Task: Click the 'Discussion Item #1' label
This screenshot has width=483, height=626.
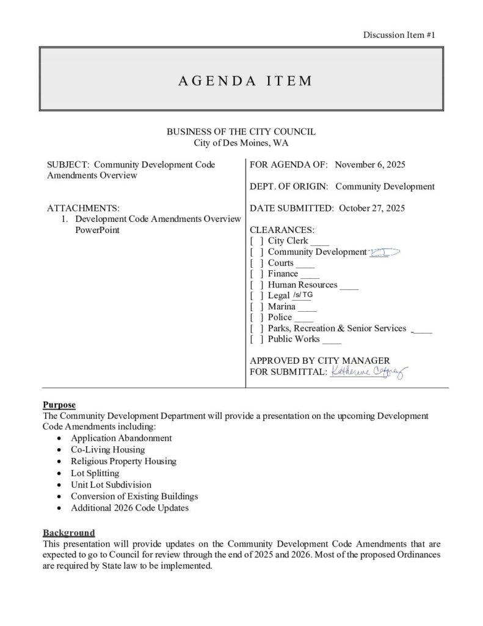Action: (x=399, y=35)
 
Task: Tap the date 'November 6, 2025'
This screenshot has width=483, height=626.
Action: (x=371, y=165)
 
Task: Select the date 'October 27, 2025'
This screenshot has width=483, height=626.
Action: (x=369, y=208)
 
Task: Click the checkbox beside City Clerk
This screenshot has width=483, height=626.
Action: (x=257, y=241)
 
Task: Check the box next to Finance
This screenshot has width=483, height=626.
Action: (x=257, y=274)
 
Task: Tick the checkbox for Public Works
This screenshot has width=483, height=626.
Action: (x=257, y=339)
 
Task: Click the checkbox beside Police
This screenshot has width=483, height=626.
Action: (x=257, y=317)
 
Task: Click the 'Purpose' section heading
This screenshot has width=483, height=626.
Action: (x=59, y=405)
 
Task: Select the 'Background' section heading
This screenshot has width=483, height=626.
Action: (x=68, y=532)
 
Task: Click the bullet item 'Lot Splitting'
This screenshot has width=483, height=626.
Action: (x=95, y=473)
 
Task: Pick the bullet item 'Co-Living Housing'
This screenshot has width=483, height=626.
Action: (x=107, y=450)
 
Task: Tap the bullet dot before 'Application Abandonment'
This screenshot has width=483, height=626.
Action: (x=58, y=439)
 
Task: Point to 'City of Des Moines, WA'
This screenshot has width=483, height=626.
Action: (x=241, y=143)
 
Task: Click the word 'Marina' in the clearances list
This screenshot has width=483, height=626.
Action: (x=281, y=306)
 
